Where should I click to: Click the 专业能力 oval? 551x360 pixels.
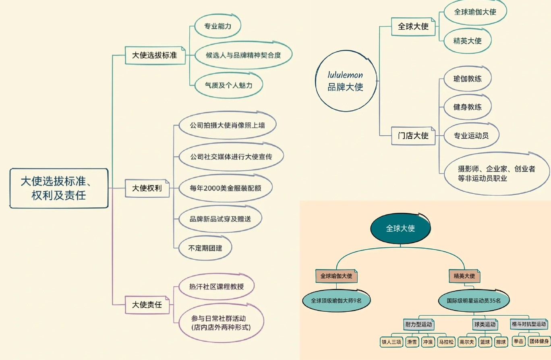pyautogui.click(x=217, y=26)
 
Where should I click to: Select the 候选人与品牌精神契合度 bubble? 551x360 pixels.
pyautogui.click(x=243, y=55)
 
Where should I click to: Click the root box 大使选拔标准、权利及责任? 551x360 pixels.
pyautogui.click(x=59, y=188)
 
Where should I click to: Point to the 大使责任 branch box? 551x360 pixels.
pyautogui.click(x=147, y=305)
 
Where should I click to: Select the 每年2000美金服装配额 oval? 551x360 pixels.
pyautogui.click(x=225, y=188)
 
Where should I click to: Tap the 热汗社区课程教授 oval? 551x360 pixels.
pyautogui.click(x=216, y=287)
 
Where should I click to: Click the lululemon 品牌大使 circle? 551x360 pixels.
pyautogui.click(x=345, y=81)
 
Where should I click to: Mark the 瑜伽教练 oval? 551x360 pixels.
pyautogui.click(x=467, y=79)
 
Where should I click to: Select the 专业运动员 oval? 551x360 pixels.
pyautogui.click(x=471, y=136)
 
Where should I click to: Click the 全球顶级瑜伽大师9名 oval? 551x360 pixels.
pyautogui.click(x=336, y=300)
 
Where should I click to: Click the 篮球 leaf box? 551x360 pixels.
pyautogui.click(x=485, y=342)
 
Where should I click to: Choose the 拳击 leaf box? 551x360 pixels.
pyautogui.click(x=519, y=342)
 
